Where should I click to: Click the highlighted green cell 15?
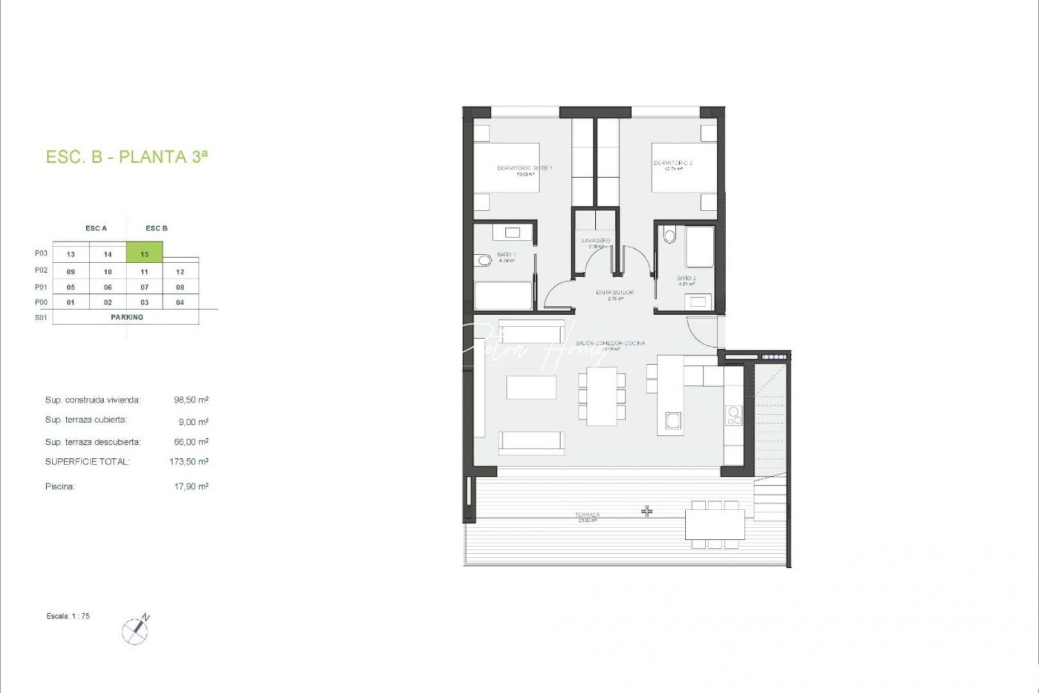click(x=144, y=253)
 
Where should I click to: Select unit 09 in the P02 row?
click(x=71, y=271)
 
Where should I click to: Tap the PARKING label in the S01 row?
click(x=127, y=317)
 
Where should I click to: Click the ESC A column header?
click(x=96, y=228)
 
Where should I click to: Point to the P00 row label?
click(x=41, y=302)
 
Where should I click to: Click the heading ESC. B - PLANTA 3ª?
click(x=127, y=157)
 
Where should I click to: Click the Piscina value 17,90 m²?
click(x=191, y=486)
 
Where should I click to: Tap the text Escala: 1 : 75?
click(x=68, y=616)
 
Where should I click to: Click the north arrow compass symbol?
click(x=135, y=630)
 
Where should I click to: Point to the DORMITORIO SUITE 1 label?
click(x=525, y=168)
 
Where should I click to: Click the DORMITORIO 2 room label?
click(x=673, y=163)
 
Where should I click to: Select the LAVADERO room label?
click(x=596, y=241)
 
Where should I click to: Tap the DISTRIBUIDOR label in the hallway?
click(x=614, y=293)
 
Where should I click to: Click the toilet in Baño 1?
click(x=484, y=261)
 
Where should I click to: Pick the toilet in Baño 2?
click(x=670, y=236)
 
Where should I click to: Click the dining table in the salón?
click(x=602, y=396)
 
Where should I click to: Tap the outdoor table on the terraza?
click(x=714, y=524)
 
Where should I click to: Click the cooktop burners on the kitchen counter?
click(x=734, y=416)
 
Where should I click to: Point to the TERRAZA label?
click(x=587, y=515)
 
